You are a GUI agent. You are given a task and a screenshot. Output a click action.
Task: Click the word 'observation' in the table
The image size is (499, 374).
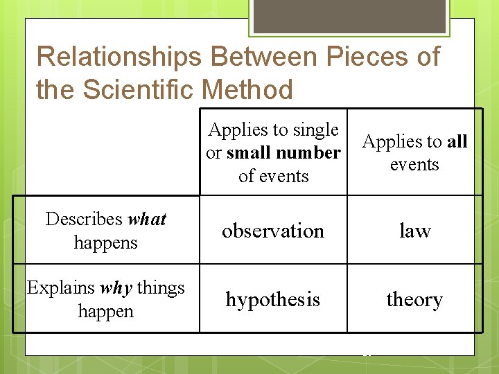click(x=273, y=231)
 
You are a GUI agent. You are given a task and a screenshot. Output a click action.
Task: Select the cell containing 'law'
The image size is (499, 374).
click(x=414, y=231)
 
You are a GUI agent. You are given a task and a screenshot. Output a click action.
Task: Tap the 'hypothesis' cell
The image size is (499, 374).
click(x=273, y=299)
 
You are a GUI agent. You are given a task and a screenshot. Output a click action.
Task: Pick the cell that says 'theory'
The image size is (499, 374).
click(x=414, y=299)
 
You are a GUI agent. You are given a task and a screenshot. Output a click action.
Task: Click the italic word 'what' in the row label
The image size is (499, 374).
click(x=147, y=220)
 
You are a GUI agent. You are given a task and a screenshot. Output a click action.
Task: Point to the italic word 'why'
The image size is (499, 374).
click(x=116, y=287)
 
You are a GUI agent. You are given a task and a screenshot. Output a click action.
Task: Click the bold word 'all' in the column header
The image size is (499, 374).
click(x=457, y=142)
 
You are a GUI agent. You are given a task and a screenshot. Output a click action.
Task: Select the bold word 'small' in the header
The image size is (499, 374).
click(x=249, y=152)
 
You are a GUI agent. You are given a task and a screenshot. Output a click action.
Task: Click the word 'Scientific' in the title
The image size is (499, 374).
click(x=146, y=90)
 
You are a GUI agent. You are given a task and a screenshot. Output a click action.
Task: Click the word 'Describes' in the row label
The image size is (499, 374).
click(x=84, y=220)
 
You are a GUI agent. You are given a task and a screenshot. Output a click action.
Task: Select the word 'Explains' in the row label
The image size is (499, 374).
click(x=62, y=287)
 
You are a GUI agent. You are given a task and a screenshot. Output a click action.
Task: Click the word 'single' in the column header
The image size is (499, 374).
click(x=315, y=130)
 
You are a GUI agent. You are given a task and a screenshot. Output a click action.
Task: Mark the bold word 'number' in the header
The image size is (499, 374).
click(x=309, y=152)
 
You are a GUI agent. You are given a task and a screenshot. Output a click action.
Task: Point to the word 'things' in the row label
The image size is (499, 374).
click(x=159, y=287)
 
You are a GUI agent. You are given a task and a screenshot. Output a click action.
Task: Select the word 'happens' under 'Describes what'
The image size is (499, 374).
click(x=105, y=242)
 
